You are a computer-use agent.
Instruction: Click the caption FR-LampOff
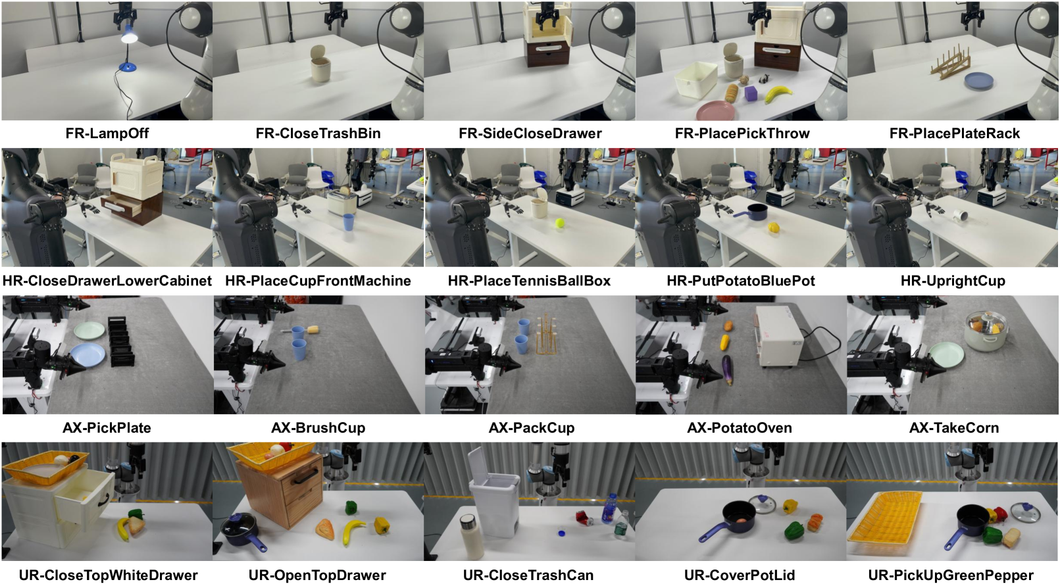coord(107,134)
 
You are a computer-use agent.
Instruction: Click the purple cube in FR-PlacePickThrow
coord(751,93)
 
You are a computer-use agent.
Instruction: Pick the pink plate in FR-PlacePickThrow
coord(716,110)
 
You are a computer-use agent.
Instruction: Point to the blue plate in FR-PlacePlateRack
coord(978,80)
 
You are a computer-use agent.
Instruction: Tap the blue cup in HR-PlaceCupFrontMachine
coord(348,222)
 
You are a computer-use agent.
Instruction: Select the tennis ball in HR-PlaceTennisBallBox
coord(560,223)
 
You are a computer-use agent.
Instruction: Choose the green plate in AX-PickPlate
coord(89,329)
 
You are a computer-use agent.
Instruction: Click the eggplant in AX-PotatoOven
coord(727,370)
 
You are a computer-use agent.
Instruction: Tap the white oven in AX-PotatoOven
coord(780,336)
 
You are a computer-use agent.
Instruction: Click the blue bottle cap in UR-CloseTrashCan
coord(561,533)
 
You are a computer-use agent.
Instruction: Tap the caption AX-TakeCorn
coord(953,428)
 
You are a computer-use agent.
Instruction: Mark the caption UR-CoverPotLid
coord(739,575)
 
